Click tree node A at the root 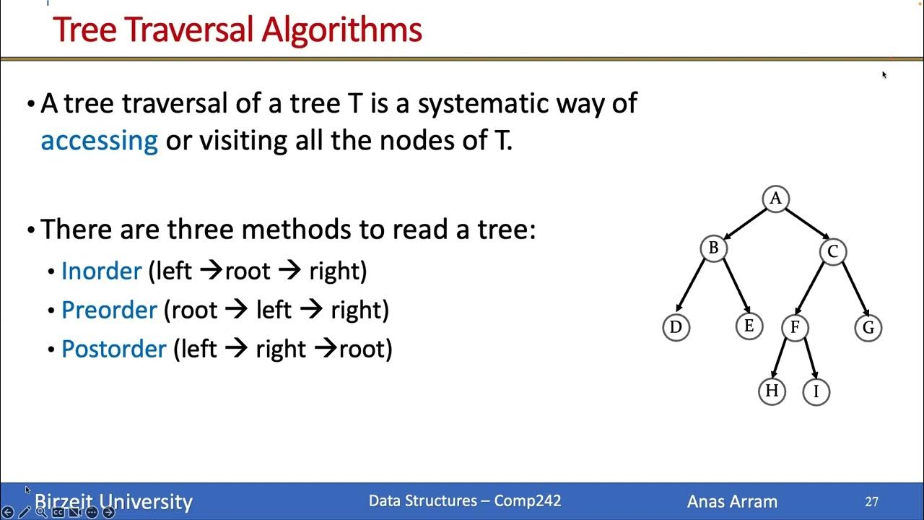tap(775, 199)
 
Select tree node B tap(713, 248)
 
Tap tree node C tap(832, 251)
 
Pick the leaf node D tap(676, 327)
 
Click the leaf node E tap(749, 326)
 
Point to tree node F tap(794, 327)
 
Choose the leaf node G tap(868, 328)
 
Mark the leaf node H tap(772, 391)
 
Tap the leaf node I tap(816, 391)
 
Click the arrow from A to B tap(744, 224)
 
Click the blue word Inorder tap(101, 271)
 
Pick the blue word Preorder tap(109, 310)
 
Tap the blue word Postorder tap(114, 349)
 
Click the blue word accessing tap(99, 139)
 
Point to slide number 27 tap(871, 501)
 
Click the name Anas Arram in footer tap(732, 501)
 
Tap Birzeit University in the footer tap(113, 501)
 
